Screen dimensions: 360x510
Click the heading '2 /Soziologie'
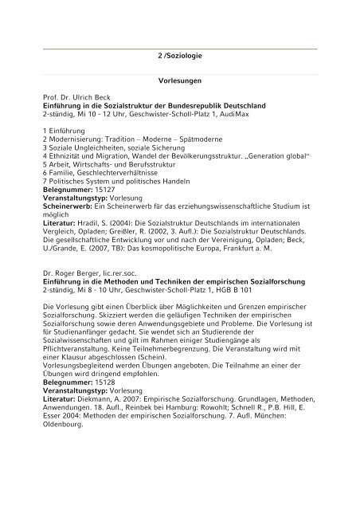tap(180, 59)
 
